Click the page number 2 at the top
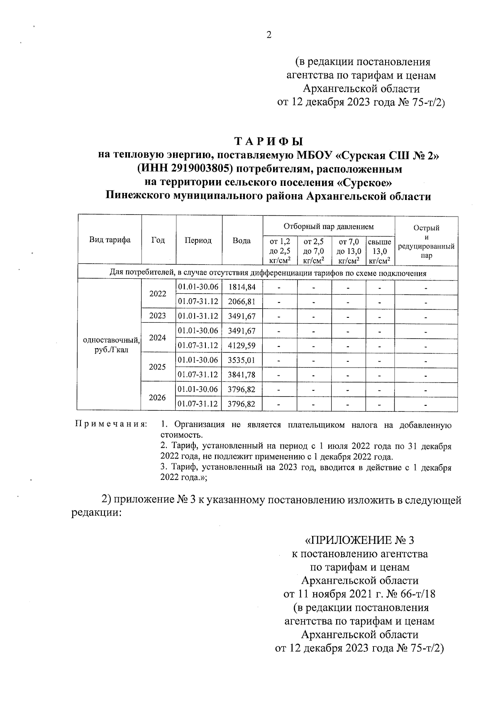(269, 36)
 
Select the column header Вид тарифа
(110, 240)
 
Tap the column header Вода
(242, 240)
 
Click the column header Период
(198, 240)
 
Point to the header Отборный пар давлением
(328, 227)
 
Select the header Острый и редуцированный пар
(426, 241)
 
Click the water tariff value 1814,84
(242, 287)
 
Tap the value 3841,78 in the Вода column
(242, 375)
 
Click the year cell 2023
(158, 316)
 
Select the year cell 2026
(158, 397)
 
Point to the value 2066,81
(242, 302)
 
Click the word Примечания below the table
(111, 424)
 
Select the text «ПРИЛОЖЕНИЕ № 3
(359, 541)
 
